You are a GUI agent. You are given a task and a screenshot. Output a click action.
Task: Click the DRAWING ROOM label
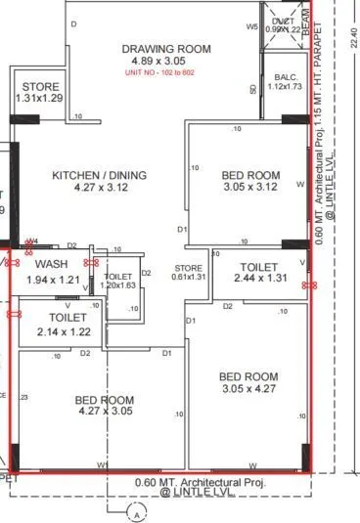coord(166,49)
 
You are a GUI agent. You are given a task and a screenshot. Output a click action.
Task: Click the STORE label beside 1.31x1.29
coord(40,87)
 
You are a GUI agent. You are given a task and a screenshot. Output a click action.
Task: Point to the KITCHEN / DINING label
coord(99,175)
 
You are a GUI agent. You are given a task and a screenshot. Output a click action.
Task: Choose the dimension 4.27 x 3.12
coord(99,189)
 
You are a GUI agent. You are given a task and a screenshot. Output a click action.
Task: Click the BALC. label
coord(286,76)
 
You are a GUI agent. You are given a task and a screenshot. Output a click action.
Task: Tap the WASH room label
coord(50,265)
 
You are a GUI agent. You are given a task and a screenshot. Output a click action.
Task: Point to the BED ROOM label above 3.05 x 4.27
coord(247,376)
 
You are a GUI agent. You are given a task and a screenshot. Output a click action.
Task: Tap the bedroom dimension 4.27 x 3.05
coord(105,413)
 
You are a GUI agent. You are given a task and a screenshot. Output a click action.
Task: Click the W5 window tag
coord(251,26)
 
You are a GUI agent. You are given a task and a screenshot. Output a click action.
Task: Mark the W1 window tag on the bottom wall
coord(102,465)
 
